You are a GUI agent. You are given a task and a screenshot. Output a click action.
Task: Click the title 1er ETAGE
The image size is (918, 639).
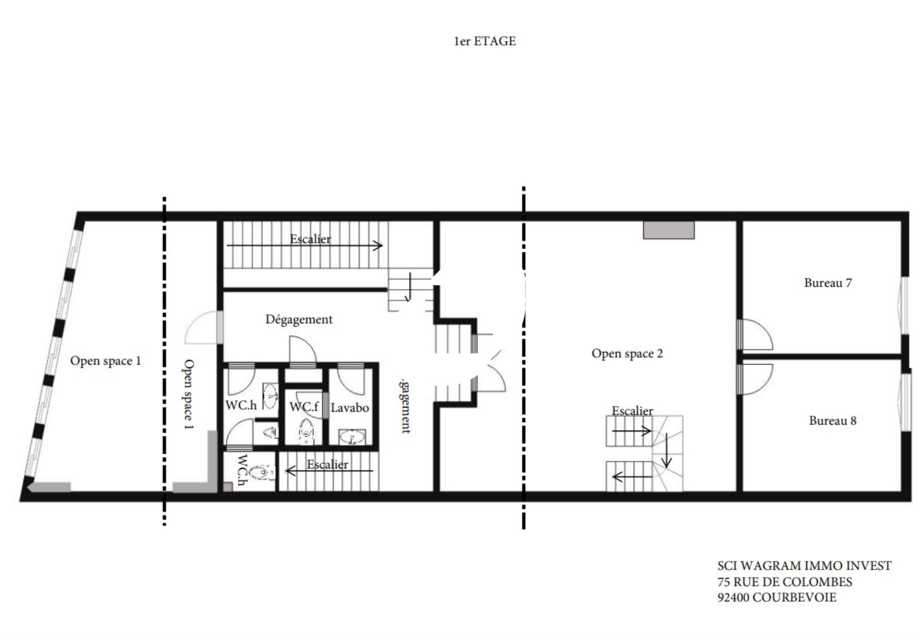485,41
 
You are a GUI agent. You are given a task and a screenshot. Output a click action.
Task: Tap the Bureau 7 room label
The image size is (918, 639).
828,283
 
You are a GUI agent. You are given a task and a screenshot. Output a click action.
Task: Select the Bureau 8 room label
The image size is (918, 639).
833,421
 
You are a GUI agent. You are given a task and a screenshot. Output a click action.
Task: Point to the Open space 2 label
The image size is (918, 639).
627,354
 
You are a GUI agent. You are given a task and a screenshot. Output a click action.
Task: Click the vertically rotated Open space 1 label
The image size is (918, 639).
188,394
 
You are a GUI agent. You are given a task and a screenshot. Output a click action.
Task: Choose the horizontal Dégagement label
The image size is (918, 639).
299,319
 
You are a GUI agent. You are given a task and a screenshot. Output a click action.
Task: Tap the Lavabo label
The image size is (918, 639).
349,408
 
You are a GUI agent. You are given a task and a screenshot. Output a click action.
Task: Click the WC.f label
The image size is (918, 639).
304,407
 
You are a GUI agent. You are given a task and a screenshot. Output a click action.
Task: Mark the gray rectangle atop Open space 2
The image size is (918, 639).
669,230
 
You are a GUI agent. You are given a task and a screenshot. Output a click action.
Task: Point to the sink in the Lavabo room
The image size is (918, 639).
352,437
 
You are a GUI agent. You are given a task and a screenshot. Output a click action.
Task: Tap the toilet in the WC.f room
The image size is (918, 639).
306,432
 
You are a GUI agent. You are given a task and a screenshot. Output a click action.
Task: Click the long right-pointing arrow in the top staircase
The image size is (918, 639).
305,246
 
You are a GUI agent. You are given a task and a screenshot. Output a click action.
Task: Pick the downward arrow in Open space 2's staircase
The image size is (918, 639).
666,450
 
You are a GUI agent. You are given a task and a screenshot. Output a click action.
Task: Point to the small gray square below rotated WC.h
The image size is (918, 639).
228,487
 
